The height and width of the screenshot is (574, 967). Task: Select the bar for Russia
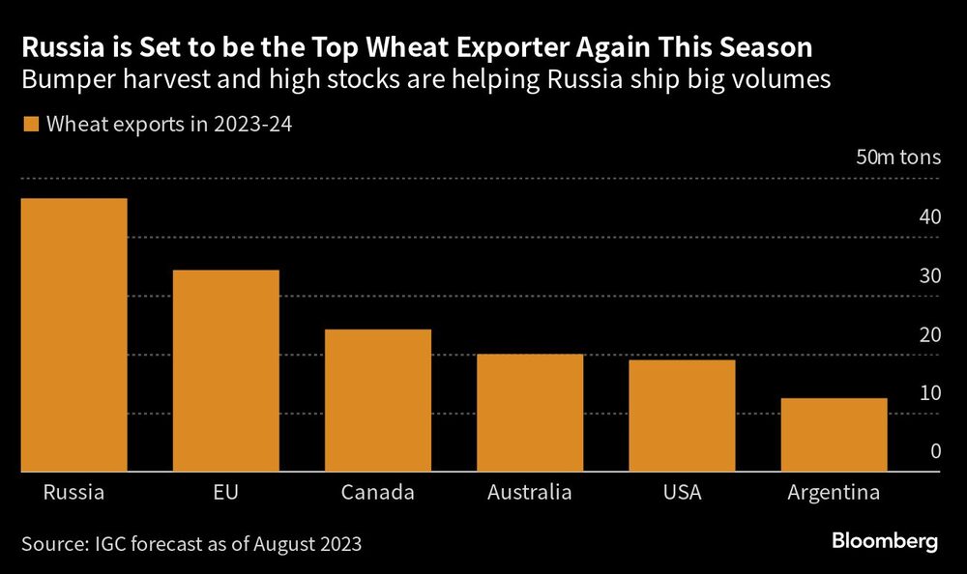click(73, 335)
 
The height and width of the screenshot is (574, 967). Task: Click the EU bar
click(225, 371)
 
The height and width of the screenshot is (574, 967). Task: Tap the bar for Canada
click(377, 400)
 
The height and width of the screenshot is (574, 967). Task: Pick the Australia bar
click(529, 413)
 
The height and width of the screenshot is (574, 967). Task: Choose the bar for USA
click(682, 416)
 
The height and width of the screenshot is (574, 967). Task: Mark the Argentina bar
click(834, 435)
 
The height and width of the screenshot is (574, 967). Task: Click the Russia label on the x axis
click(73, 493)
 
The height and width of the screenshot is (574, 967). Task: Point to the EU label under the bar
click(225, 493)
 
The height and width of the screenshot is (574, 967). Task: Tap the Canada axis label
click(377, 493)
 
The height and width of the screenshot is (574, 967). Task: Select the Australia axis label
click(529, 493)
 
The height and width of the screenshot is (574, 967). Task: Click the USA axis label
click(682, 493)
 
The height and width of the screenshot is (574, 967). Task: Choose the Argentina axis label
click(834, 493)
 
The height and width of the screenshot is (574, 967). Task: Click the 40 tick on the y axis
click(929, 217)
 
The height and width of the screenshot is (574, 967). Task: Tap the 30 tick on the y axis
click(929, 276)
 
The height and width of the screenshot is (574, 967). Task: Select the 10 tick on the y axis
click(929, 393)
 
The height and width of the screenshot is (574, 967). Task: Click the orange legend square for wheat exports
click(30, 124)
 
